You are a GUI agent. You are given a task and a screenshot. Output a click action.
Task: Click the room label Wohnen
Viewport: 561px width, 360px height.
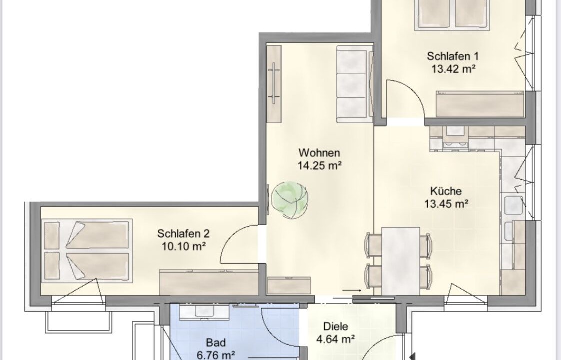[x=319, y=153]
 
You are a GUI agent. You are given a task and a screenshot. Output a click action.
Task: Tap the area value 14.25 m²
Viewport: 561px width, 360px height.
[x=320, y=165]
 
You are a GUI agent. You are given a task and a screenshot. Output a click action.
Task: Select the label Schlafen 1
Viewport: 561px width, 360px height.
[x=452, y=56]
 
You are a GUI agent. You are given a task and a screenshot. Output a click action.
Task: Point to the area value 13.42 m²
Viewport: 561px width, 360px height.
[x=453, y=68]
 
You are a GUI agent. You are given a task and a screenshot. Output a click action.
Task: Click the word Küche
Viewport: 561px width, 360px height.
[x=446, y=191]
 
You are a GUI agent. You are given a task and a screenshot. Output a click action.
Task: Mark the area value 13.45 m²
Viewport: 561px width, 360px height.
[x=446, y=204]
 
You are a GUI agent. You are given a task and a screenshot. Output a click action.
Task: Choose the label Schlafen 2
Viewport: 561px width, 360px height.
[x=183, y=234]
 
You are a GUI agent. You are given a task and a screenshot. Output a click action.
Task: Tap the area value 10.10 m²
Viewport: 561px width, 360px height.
[x=184, y=246]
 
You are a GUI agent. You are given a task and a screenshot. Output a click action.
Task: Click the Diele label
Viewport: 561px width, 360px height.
[x=335, y=326]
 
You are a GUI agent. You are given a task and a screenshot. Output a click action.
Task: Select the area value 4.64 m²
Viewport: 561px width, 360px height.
[x=335, y=338]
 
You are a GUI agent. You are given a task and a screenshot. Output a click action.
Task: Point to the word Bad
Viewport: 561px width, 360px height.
[x=216, y=343]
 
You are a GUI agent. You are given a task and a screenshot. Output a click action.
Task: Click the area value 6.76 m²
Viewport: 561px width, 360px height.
[x=216, y=355]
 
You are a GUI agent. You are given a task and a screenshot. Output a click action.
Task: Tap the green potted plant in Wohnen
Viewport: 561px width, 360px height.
[x=289, y=199]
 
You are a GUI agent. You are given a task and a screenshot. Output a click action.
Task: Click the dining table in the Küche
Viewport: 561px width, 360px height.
[x=401, y=261]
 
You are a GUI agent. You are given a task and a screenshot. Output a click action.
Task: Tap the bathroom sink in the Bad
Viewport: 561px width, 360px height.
[x=204, y=312]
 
